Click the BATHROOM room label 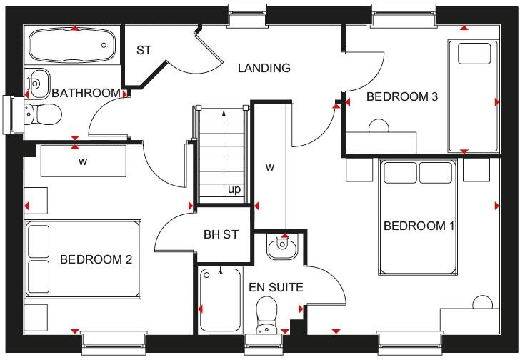pyautogui.click(x=85, y=93)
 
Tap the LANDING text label pyautogui.click(x=264, y=69)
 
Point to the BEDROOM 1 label pyautogui.click(x=419, y=226)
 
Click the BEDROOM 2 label pyautogui.click(x=96, y=259)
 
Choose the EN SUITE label pyautogui.click(x=276, y=288)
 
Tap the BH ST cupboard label pyautogui.click(x=221, y=234)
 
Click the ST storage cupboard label pyautogui.click(x=145, y=50)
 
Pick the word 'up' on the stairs pyautogui.click(x=234, y=190)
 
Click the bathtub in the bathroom pyautogui.click(x=71, y=46)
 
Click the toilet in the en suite pyautogui.click(x=266, y=314)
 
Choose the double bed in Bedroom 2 pyautogui.click(x=83, y=259)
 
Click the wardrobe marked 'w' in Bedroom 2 pyautogui.click(x=83, y=161)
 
